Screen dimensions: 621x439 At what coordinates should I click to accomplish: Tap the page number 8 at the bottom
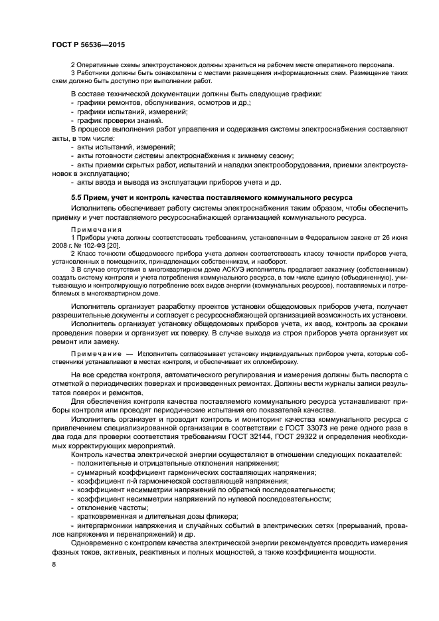tap(54, 565)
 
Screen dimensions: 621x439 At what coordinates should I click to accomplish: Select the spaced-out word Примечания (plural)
tap(94, 229)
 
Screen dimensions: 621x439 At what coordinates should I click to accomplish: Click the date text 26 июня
tap(393, 237)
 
